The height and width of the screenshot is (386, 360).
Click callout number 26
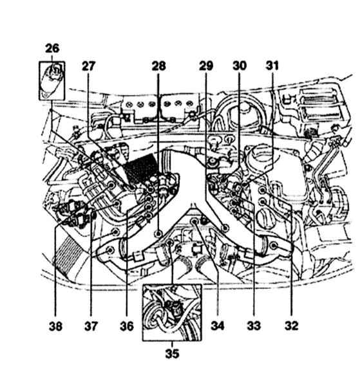click(52, 48)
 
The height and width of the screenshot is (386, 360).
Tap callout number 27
click(88, 66)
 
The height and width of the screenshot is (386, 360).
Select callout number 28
click(158, 66)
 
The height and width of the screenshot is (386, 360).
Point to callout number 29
click(206, 66)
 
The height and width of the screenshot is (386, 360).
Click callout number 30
click(240, 66)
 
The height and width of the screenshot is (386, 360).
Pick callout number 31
click(272, 66)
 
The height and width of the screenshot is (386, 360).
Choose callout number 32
click(292, 326)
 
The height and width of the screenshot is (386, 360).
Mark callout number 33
click(254, 326)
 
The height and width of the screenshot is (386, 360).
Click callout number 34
click(218, 326)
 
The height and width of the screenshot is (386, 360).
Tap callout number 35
click(172, 354)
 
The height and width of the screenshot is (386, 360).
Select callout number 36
click(127, 326)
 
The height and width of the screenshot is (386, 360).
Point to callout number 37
click(91, 326)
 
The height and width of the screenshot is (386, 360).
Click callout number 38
click(55, 326)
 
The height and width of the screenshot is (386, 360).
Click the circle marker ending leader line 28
click(158, 234)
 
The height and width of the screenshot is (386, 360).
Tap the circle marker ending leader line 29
click(225, 228)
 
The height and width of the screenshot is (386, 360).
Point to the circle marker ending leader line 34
click(194, 221)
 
